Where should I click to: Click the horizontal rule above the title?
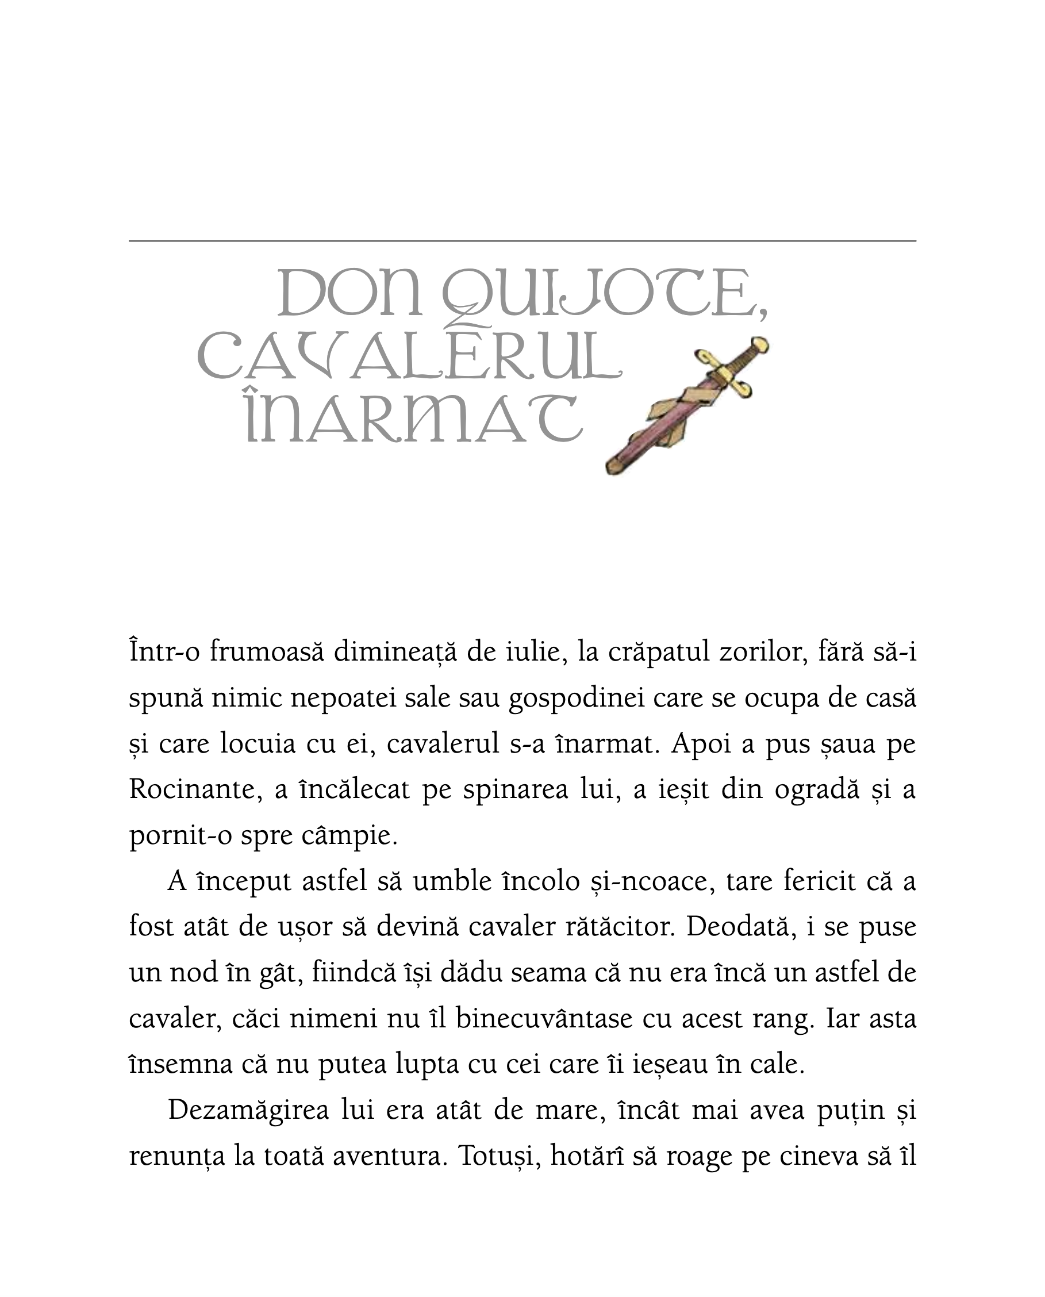pos(522,241)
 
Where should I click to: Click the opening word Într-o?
pos(164,654)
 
